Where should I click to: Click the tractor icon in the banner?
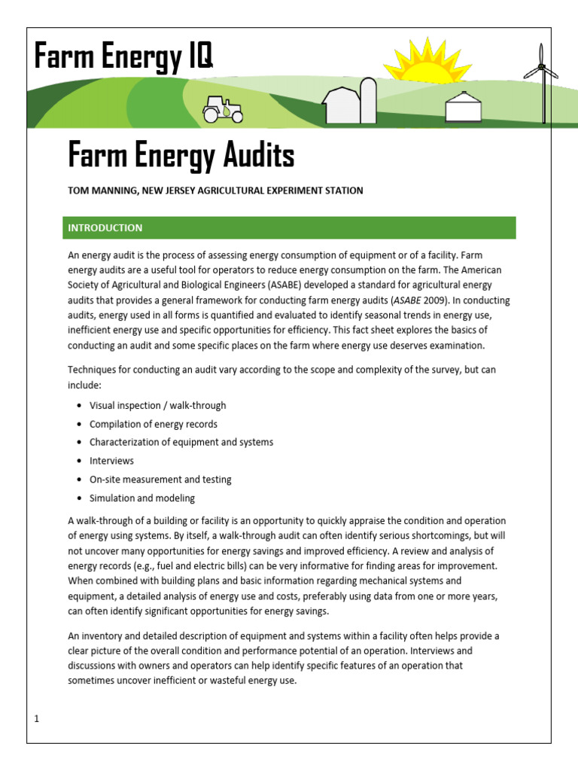(223, 111)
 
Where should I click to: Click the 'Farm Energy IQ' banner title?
(123, 57)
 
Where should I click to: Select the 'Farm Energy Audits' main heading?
(181, 156)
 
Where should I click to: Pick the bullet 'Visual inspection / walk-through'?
(157, 405)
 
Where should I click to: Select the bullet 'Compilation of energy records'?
(153, 424)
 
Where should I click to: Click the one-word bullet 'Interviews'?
(111, 461)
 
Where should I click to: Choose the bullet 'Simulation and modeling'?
(141, 498)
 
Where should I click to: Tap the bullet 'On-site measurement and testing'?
(160, 479)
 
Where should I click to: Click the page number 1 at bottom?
(36, 719)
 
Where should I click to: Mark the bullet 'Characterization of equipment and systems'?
(181, 442)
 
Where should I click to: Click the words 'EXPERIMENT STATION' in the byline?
(318, 191)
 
